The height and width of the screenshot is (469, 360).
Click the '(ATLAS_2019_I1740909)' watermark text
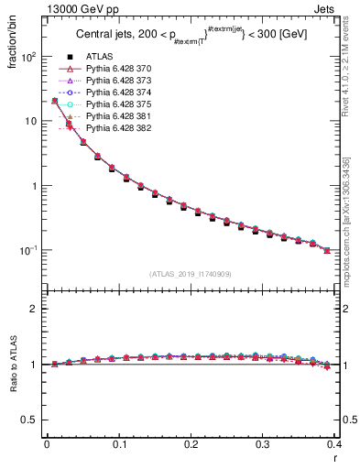click(191, 274)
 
